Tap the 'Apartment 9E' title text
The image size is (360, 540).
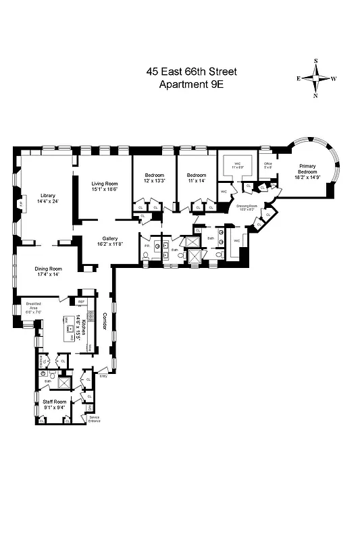tap(191, 84)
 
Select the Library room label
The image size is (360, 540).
tap(47, 196)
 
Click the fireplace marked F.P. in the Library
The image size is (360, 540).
tap(22, 200)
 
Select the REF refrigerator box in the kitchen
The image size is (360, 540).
tap(81, 302)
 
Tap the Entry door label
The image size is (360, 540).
tap(103, 375)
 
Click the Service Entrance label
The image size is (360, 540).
tap(99, 420)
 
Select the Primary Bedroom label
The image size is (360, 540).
tap(307, 172)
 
